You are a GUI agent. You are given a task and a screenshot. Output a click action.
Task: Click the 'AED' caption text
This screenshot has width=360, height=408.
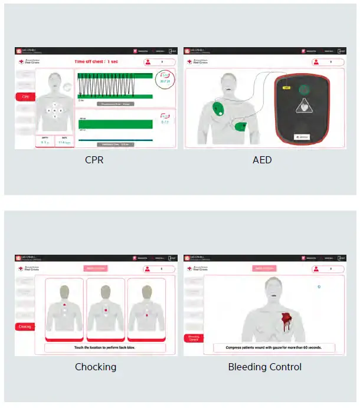click(x=262, y=159)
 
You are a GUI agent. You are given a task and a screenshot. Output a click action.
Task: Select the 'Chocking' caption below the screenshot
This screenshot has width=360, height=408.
click(x=95, y=367)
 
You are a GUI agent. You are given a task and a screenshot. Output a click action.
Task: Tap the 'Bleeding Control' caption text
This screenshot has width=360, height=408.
click(x=264, y=367)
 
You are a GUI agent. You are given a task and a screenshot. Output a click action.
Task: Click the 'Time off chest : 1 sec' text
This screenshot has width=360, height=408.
click(x=96, y=61)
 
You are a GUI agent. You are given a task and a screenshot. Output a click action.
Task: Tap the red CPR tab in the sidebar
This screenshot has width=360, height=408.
click(x=25, y=97)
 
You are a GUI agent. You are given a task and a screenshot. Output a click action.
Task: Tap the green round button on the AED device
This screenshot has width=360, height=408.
click(x=304, y=90)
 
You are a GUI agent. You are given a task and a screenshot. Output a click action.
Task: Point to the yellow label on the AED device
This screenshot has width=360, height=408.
click(x=287, y=87)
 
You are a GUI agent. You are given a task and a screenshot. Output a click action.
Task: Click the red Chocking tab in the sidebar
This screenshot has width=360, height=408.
click(x=25, y=326)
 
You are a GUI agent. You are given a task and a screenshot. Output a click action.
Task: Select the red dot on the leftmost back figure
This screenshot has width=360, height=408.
click(x=64, y=304)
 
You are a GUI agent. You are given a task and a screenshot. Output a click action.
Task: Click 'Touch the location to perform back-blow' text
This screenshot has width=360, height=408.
click(x=106, y=348)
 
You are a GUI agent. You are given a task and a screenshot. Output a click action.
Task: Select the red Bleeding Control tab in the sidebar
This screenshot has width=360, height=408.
click(x=194, y=338)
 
